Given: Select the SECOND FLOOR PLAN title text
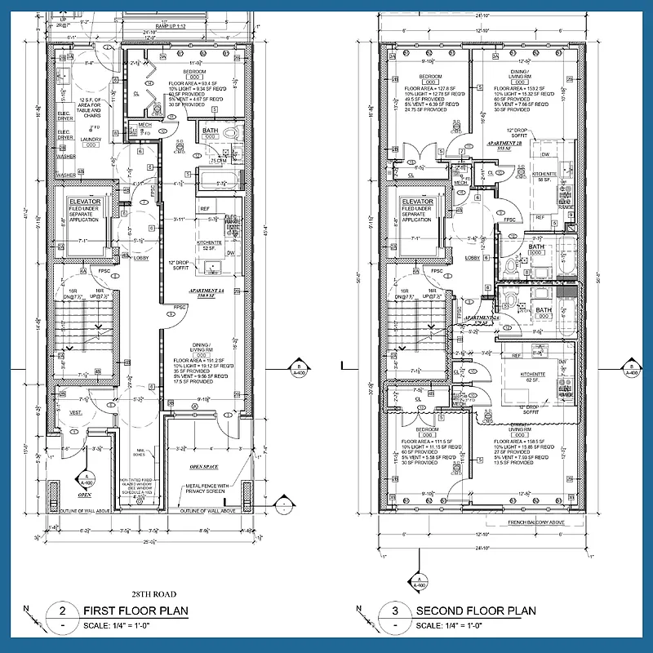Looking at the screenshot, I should (x=476, y=611).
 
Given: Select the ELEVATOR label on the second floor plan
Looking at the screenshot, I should (x=416, y=201).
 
